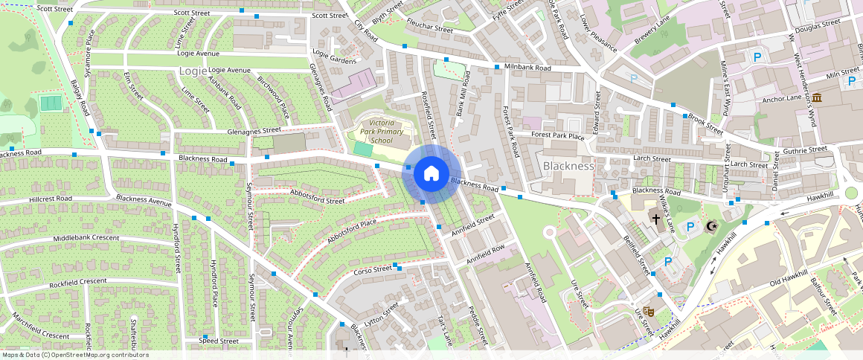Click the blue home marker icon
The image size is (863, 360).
(x=431, y=174)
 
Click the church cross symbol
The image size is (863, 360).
(x=656, y=219)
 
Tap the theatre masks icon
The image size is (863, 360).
(x=648, y=312)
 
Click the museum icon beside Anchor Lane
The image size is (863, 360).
(x=817, y=98)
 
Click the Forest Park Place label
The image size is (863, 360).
(x=559, y=135)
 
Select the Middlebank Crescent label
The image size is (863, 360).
(x=86, y=238)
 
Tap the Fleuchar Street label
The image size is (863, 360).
(x=429, y=29)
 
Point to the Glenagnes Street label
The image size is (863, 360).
(x=222, y=131)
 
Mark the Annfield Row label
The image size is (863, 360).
(x=486, y=254)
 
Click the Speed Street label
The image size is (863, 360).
(x=219, y=341)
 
